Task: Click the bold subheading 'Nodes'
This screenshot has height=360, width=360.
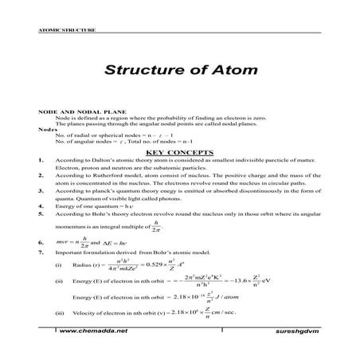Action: pos(47,129)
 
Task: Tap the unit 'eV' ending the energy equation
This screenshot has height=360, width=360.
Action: pos(300,281)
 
